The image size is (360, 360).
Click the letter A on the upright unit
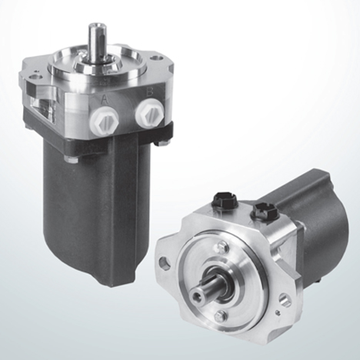[105, 100]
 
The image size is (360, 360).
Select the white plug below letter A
[105, 120]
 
